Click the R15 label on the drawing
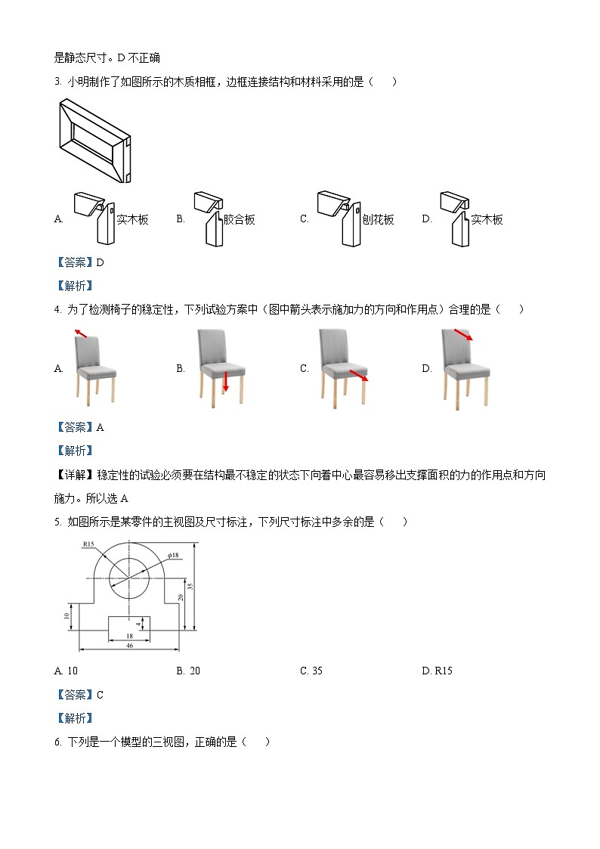click(88, 544)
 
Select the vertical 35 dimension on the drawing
click(191, 585)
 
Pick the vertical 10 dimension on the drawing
click(67, 616)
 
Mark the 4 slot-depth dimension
click(138, 625)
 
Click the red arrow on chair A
click(80, 333)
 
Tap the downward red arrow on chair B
click(225, 380)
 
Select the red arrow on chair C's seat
click(358, 376)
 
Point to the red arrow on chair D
click(463, 334)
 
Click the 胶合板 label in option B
click(240, 219)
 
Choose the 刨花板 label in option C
click(379, 219)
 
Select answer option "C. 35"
click(311, 671)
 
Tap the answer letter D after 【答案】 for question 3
click(100, 262)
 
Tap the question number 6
click(57, 742)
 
